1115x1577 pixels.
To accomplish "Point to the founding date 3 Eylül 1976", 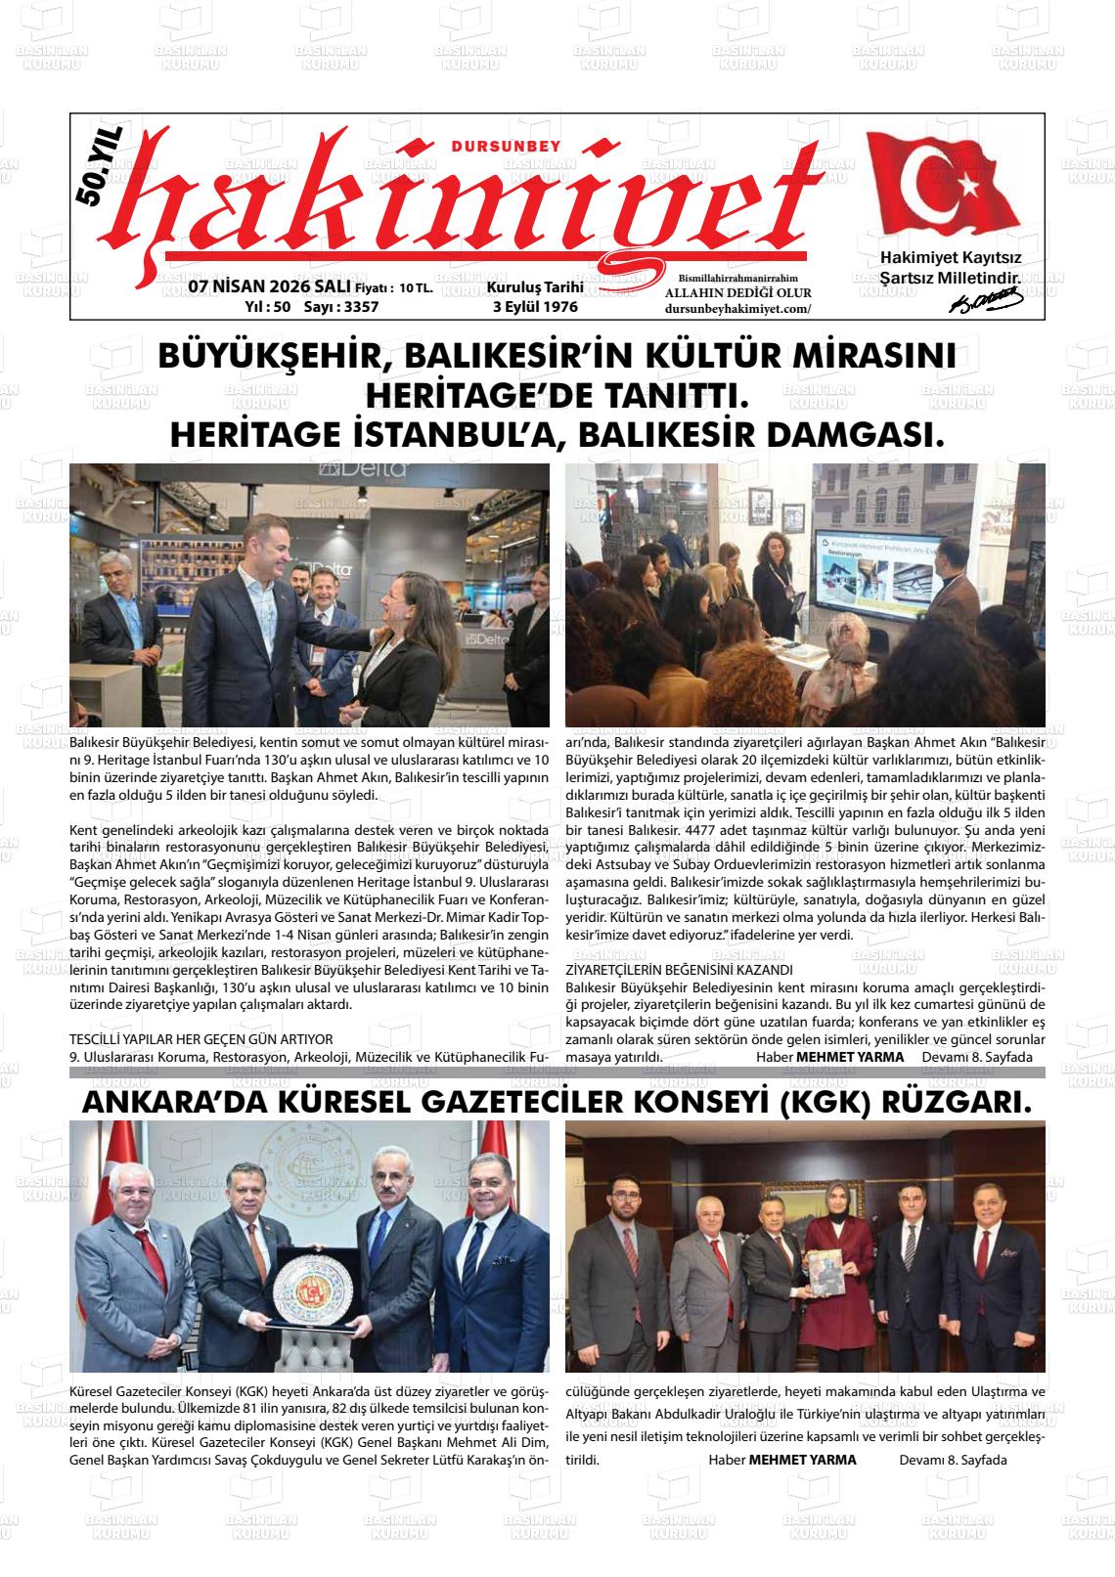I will click(535, 307).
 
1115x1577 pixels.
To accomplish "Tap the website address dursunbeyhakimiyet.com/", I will click(738, 309).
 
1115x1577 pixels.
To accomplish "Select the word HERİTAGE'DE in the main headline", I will click(468, 396).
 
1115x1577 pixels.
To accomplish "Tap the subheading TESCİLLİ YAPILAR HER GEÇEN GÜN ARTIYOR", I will click(201, 1038).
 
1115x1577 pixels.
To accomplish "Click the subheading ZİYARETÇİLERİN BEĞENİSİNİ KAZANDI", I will click(679, 970).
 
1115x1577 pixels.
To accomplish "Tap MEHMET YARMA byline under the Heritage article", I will click(850, 1057).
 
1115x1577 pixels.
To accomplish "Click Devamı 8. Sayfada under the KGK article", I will click(953, 1460).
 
